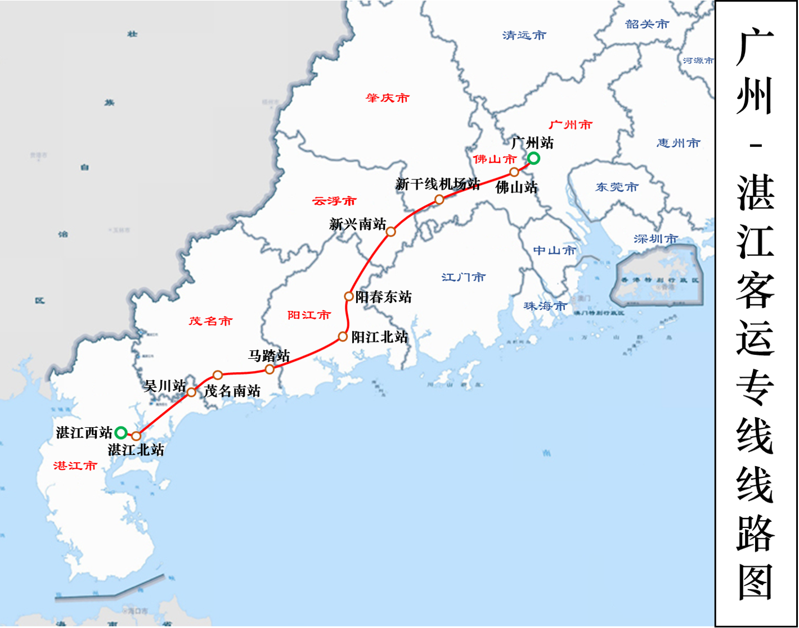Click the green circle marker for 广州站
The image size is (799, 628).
[x=533, y=159]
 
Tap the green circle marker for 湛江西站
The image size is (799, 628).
[x=121, y=433]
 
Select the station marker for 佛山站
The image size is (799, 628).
[x=514, y=172]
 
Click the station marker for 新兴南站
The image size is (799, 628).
[x=391, y=232]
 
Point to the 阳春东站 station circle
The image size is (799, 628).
[x=349, y=296]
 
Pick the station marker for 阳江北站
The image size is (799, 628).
[x=343, y=337]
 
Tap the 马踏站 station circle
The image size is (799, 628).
[x=270, y=369]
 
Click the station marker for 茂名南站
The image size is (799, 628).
[x=218, y=375]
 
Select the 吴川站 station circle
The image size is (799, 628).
[x=191, y=392]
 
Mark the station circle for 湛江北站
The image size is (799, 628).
[x=136, y=436]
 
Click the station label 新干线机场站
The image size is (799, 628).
[x=437, y=184]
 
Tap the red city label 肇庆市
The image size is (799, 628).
[x=387, y=98]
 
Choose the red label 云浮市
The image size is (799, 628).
[x=334, y=201]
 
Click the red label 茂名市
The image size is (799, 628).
[x=210, y=321]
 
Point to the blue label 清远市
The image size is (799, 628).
[x=524, y=35]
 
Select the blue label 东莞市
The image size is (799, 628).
[x=617, y=187]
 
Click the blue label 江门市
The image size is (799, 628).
[x=463, y=277]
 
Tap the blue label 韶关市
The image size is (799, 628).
[x=647, y=24]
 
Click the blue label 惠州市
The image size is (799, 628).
[x=678, y=143]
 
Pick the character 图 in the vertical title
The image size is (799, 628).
[x=756, y=582]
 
